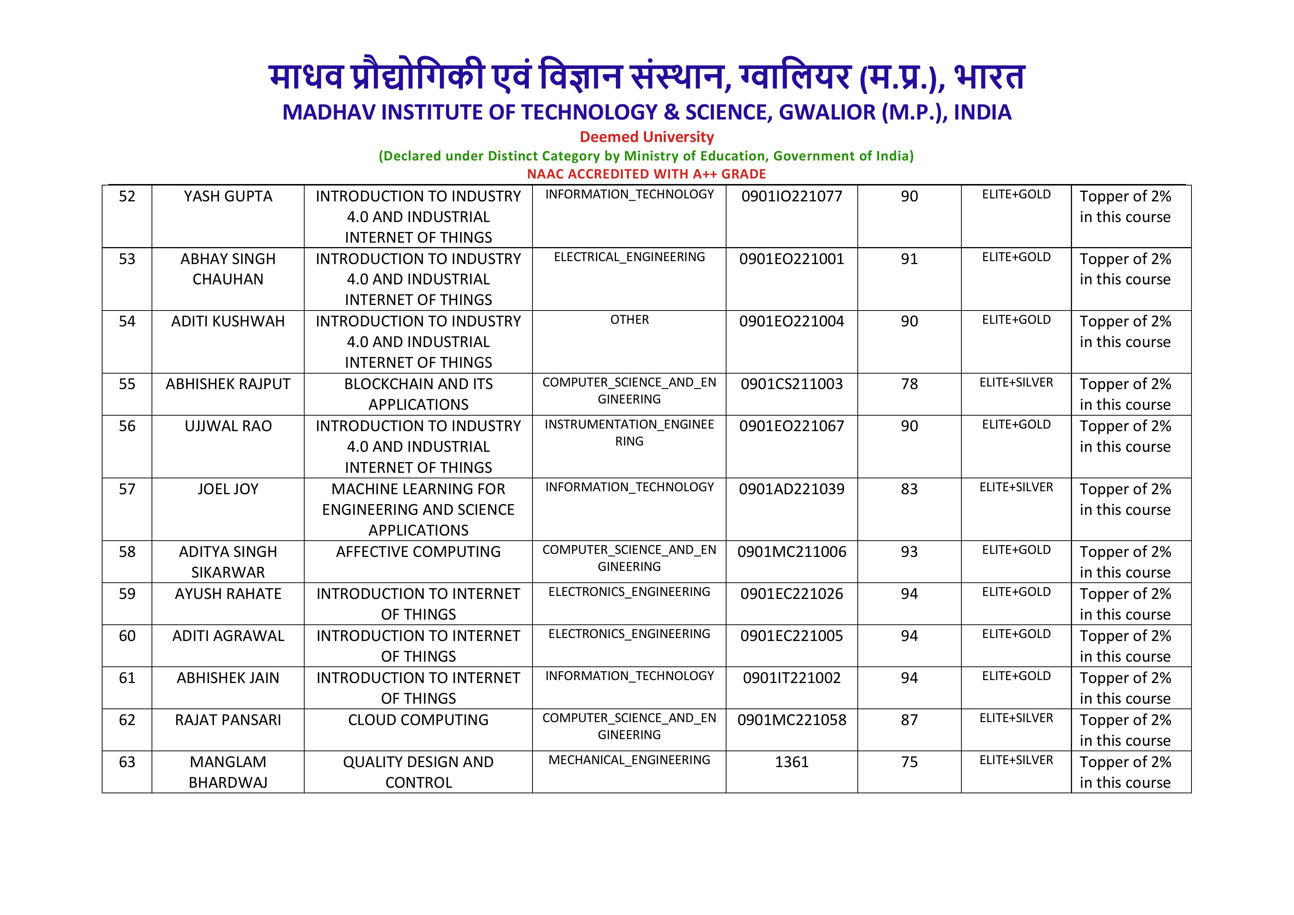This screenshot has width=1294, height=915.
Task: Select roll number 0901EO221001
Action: tap(791, 259)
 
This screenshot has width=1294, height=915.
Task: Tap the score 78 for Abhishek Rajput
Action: tap(909, 385)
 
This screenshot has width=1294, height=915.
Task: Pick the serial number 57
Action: tap(127, 489)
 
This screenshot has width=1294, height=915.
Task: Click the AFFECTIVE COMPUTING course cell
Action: tap(418, 552)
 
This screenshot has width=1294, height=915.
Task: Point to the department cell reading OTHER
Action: tap(629, 320)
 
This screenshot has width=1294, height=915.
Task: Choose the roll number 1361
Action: tap(791, 762)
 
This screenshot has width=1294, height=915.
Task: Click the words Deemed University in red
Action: tap(646, 137)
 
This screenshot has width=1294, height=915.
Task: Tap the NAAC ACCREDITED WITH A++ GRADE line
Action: tap(646, 174)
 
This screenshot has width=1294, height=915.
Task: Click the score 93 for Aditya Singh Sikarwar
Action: tap(909, 552)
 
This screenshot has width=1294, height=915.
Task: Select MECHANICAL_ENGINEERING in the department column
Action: tap(629, 760)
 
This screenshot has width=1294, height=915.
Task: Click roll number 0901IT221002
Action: tap(791, 678)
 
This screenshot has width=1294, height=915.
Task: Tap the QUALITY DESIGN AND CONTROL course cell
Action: tap(418, 772)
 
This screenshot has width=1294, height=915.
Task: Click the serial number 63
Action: tap(127, 762)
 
